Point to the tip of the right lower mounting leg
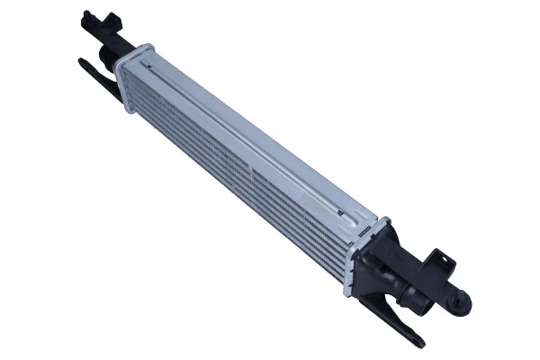pyautogui.click(x=418, y=342)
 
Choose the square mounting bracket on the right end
pyautogui.click(x=438, y=266)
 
